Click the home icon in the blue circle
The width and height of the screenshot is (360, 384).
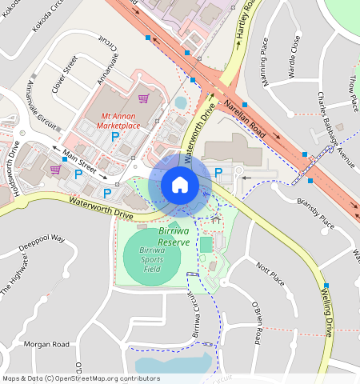180,186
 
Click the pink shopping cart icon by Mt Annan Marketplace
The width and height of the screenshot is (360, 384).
143,99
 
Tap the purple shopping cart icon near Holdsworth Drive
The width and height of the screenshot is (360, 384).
55,170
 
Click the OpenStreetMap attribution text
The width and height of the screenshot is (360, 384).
81,378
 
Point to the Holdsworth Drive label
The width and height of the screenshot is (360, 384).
14,164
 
